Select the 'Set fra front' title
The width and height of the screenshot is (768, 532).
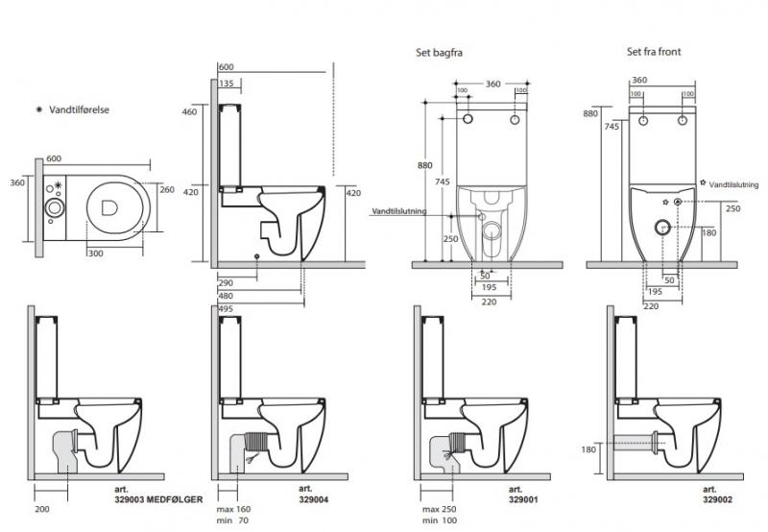pyautogui.click(x=654, y=52)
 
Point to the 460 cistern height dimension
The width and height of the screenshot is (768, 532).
pyautogui.click(x=189, y=112)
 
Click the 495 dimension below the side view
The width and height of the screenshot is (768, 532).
pyautogui.click(x=226, y=308)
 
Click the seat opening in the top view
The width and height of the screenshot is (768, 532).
pyautogui.click(x=108, y=205)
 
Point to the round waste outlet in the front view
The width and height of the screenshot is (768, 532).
pyautogui.click(x=660, y=228)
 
